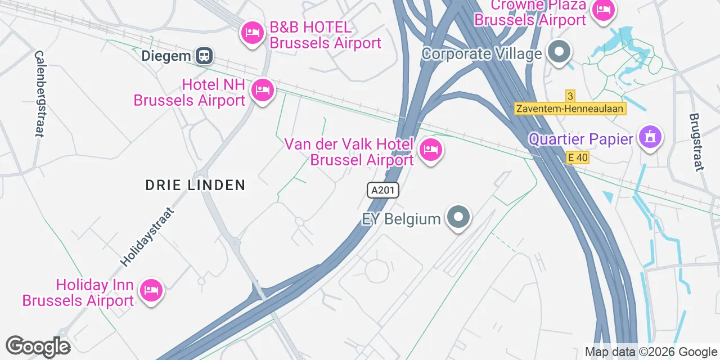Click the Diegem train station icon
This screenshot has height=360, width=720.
pyautogui.click(x=204, y=56)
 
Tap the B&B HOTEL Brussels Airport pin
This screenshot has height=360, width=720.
pyautogui.click(x=252, y=33)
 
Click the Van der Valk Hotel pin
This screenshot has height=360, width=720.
pyautogui.click(x=430, y=150)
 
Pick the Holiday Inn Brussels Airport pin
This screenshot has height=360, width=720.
pyautogui.click(x=151, y=291)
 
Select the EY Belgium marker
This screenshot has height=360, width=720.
pyautogui.click(x=458, y=217)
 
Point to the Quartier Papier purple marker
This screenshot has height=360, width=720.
pyautogui.click(x=651, y=137)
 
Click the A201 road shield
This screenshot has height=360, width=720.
pyautogui.click(x=383, y=190)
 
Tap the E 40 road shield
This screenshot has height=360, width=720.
pyautogui.click(x=578, y=158)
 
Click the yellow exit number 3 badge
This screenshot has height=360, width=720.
pyautogui.click(x=570, y=96)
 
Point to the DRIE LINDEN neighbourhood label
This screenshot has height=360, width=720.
pyautogui.click(x=195, y=185)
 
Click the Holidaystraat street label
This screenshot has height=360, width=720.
pyautogui.click(x=147, y=237)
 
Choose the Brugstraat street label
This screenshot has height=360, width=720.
pyautogui.click(x=696, y=141)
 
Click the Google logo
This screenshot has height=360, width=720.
pyautogui.click(x=38, y=346)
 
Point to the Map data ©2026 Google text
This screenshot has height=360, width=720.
pyautogui.click(x=651, y=352)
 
